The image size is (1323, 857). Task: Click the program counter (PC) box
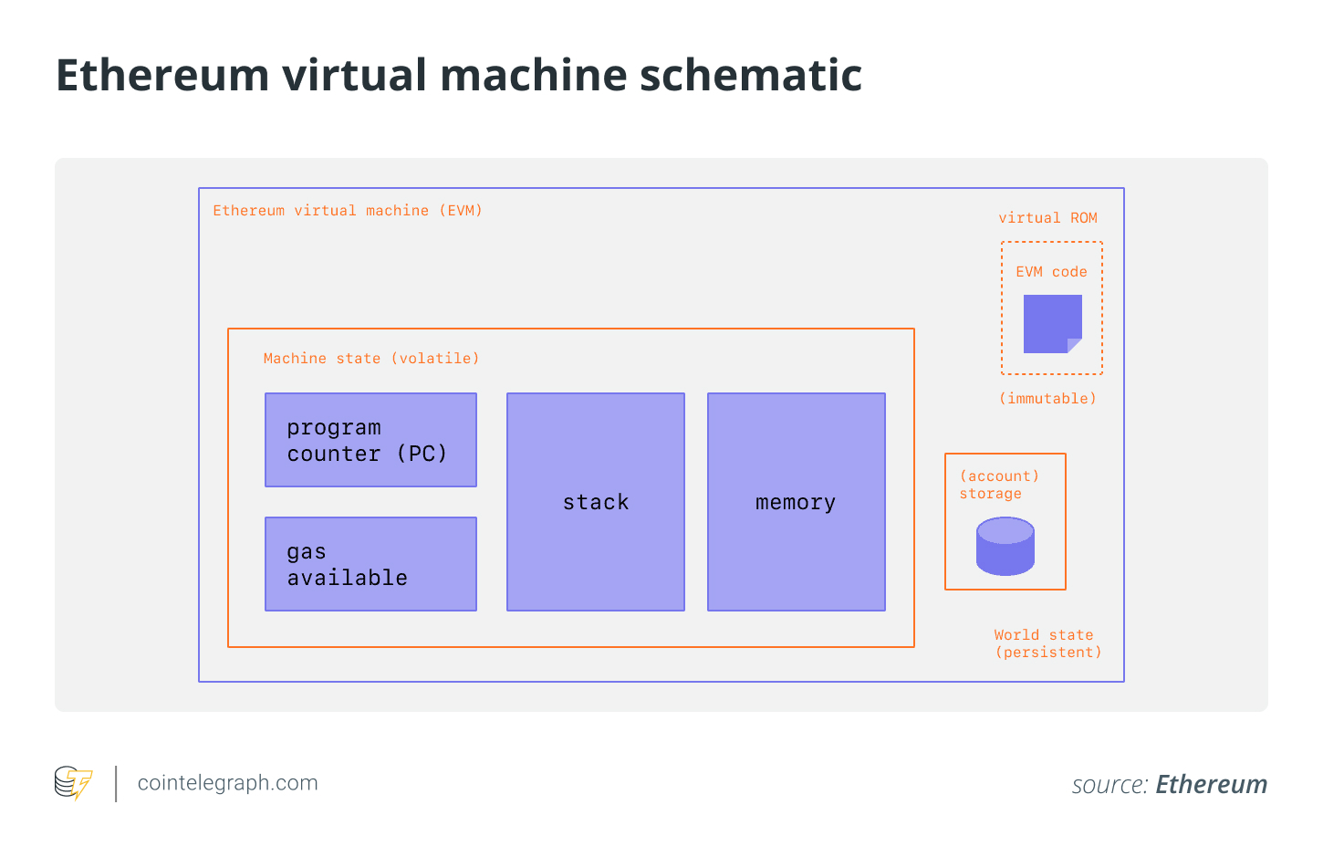click(x=370, y=440)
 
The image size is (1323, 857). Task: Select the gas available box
click(x=370, y=564)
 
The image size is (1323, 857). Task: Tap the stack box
click(x=595, y=502)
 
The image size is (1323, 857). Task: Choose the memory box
click(x=797, y=502)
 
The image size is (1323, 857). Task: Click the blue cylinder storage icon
click(x=1005, y=547)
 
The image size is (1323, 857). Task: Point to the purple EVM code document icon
click(x=1053, y=324)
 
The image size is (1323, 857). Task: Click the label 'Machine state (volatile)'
click(x=371, y=359)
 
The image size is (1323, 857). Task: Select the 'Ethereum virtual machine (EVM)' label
click(x=348, y=211)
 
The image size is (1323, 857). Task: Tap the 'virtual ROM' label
click(x=1047, y=218)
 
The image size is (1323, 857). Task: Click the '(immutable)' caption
click(x=1047, y=399)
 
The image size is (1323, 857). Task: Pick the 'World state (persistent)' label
click(x=1047, y=643)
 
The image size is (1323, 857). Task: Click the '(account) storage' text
click(x=999, y=485)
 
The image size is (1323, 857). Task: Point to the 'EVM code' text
click(x=1051, y=272)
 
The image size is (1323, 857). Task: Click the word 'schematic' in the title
click(x=751, y=75)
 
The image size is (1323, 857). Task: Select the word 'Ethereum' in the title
click(x=163, y=75)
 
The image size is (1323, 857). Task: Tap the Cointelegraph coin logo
click(x=73, y=782)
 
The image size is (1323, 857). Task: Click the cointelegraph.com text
click(x=228, y=783)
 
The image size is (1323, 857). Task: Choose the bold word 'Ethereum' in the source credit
click(x=1212, y=784)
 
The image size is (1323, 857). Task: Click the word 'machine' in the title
click(x=534, y=75)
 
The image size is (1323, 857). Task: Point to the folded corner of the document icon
click(x=1074, y=346)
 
